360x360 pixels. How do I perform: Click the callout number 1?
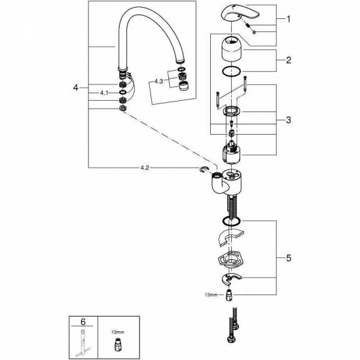(289, 20)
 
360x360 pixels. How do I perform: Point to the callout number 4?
(77, 86)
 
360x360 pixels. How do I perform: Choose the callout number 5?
(289, 259)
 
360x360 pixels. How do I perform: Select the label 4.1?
(103, 94)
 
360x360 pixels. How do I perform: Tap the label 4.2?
(145, 168)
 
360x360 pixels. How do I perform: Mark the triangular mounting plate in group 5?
(228, 261)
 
